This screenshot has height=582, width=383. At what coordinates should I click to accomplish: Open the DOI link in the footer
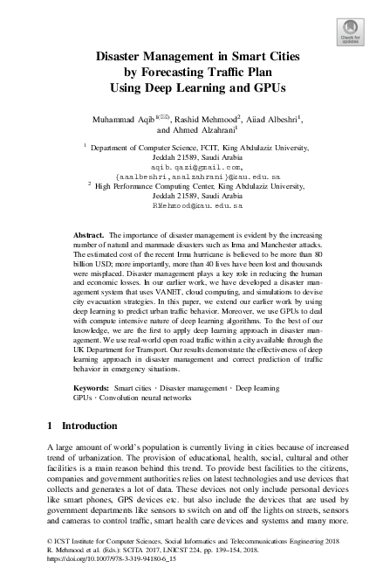click(x=103, y=558)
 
